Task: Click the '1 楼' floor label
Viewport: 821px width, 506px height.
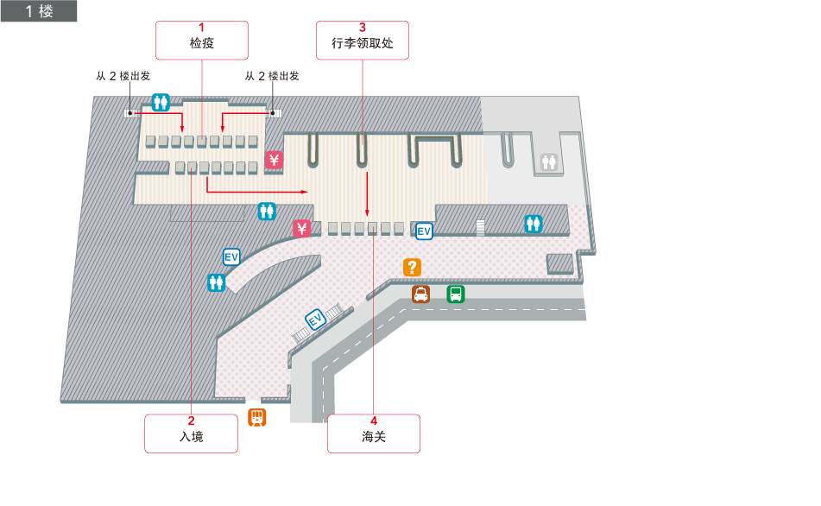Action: point(39,11)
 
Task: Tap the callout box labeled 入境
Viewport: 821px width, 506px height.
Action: point(191,433)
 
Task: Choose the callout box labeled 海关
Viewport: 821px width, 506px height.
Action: point(373,433)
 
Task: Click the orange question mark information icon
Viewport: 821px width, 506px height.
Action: point(413,268)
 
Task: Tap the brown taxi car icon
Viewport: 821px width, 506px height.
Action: point(420,294)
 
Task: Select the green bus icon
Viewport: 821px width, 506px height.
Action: point(455,294)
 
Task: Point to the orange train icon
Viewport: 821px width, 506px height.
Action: point(257,418)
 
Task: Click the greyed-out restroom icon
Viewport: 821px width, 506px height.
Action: point(549,161)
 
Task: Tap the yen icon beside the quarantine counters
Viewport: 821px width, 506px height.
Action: point(274,160)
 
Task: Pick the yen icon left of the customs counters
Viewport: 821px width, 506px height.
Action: point(302,229)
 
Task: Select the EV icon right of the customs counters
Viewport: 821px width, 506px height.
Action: point(424,231)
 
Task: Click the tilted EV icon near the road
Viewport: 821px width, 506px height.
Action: point(315,319)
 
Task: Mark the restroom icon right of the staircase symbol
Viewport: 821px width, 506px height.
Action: point(534,224)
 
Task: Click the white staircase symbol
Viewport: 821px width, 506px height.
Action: point(480,227)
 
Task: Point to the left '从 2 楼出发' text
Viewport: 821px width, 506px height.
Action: point(123,76)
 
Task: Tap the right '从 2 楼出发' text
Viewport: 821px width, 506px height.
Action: point(272,76)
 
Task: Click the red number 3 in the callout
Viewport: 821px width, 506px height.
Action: point(362,27)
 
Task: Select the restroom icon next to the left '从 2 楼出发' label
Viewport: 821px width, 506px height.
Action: point(161,102)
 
